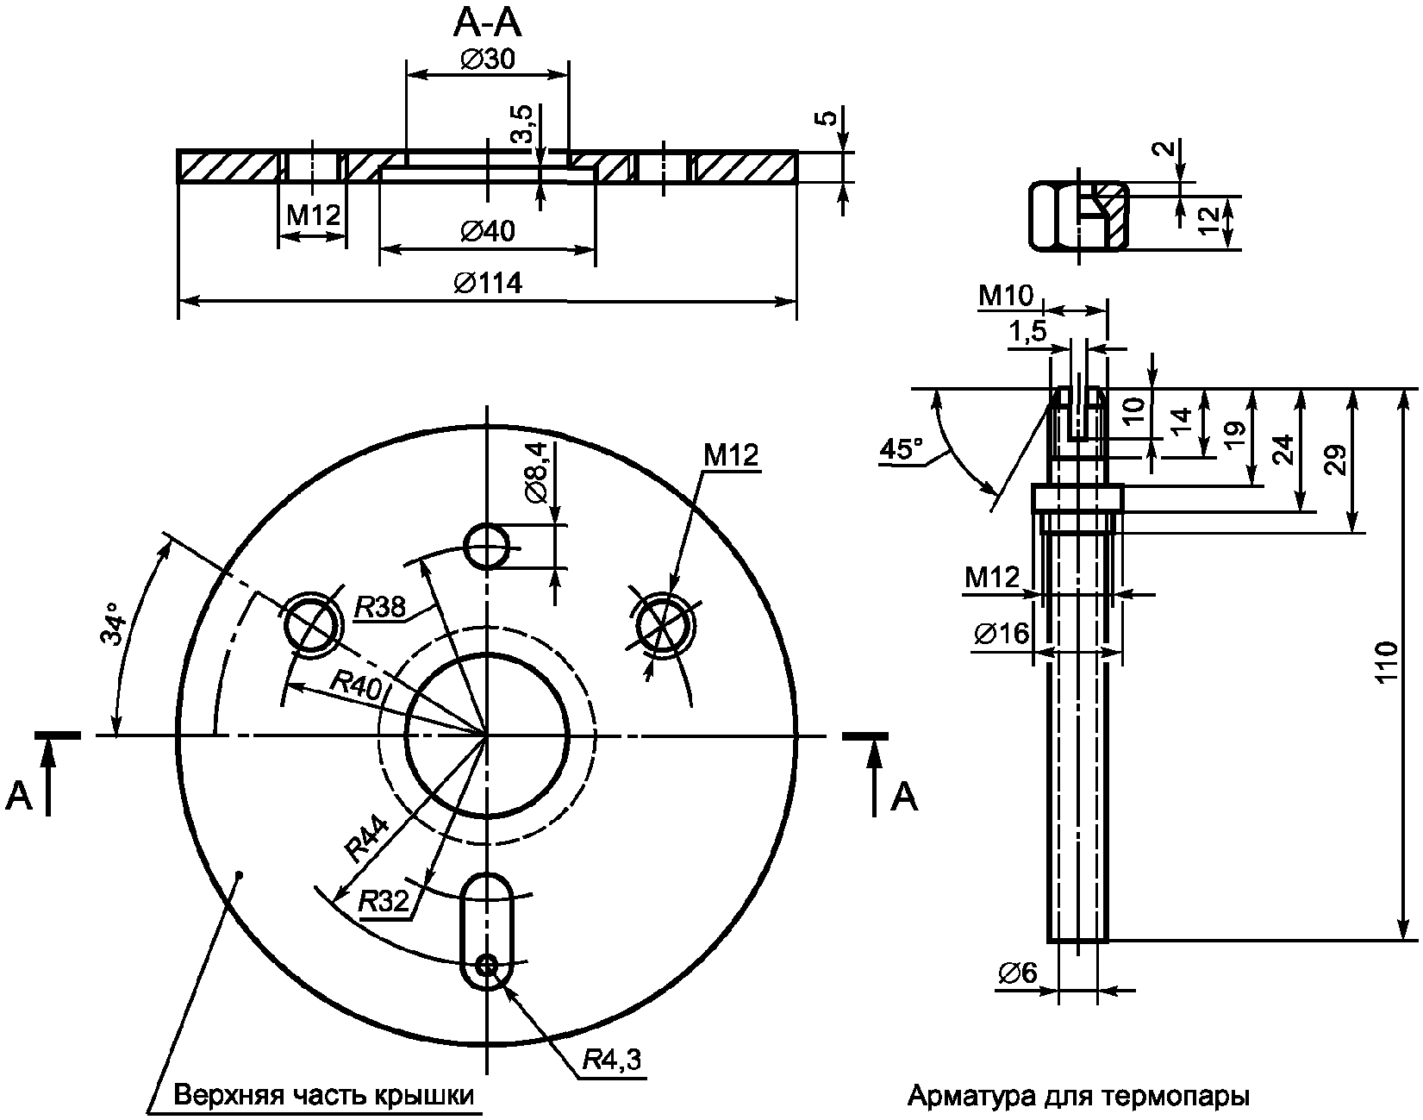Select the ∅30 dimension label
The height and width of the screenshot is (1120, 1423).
point(489,59)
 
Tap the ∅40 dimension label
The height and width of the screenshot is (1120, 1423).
point(488,231)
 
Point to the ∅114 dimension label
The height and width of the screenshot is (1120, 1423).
point(488,283)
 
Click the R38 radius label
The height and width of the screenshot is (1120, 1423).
point(380,608)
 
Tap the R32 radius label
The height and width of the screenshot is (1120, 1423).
point(384,902)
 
